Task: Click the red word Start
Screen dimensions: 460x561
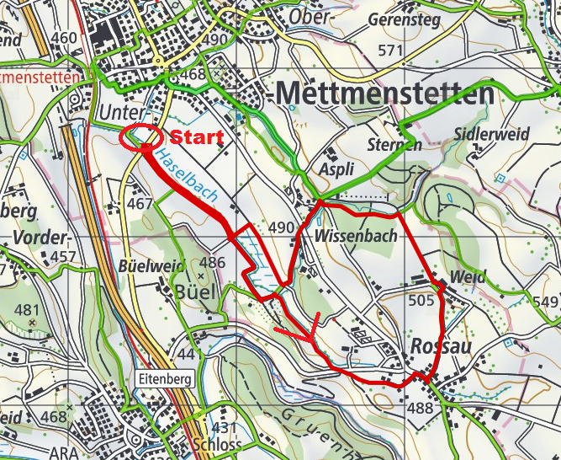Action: [x=197, y=137]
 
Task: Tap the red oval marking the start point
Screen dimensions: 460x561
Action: [x=141, y=136]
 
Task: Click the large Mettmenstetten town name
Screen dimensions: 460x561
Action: [x=384, y=94]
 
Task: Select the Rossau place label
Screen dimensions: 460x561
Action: [x=439, y=346]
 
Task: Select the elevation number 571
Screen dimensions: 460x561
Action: [x=391, y=51]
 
